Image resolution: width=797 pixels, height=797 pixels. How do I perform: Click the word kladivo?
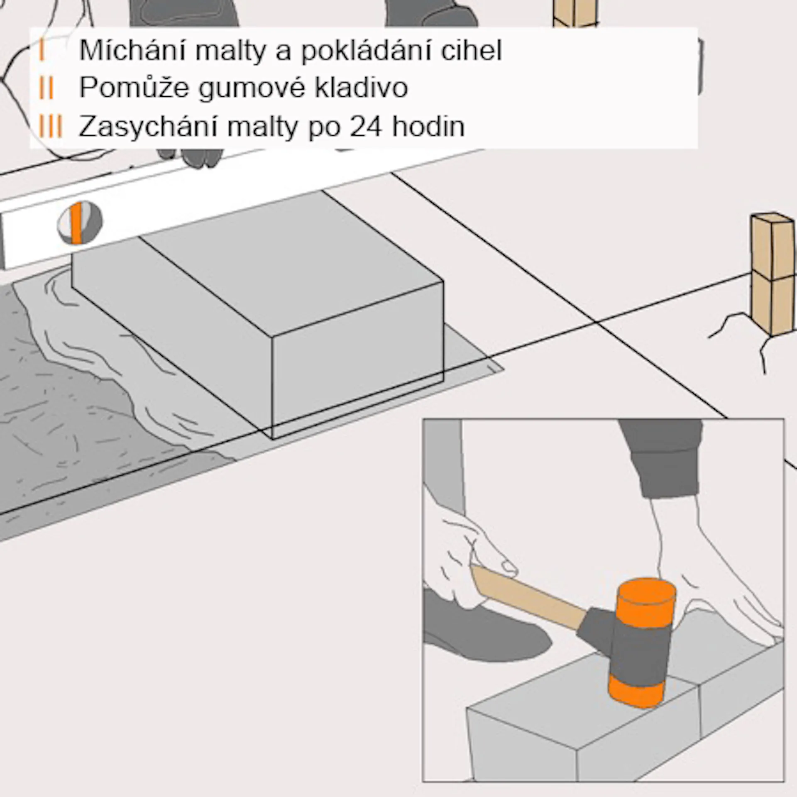pyautogui.click(x=361, y=88)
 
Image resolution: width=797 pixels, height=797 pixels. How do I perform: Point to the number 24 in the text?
pyautogui.click(x=365, y=126)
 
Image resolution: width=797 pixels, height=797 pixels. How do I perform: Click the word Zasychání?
pyautogui.click(x=148, y=126)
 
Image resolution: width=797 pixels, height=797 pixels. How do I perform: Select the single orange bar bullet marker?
pyautogui.click(x=42, y=51)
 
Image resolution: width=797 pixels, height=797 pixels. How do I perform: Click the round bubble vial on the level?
pyautogui.click(x=79, y=223)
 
